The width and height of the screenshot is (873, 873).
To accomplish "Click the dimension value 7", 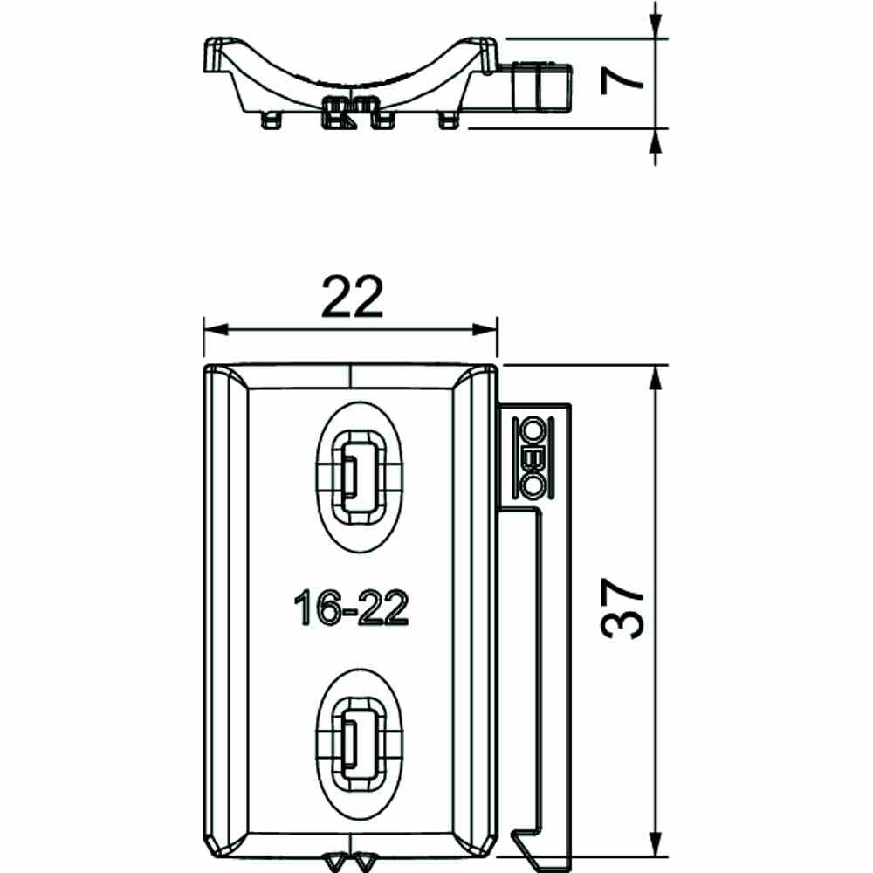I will (621, 84).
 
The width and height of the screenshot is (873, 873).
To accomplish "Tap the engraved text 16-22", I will (351, 608).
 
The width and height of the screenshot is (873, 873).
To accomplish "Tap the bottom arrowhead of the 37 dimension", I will (655, 842).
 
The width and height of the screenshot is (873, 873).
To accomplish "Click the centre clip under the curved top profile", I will (351, 112).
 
